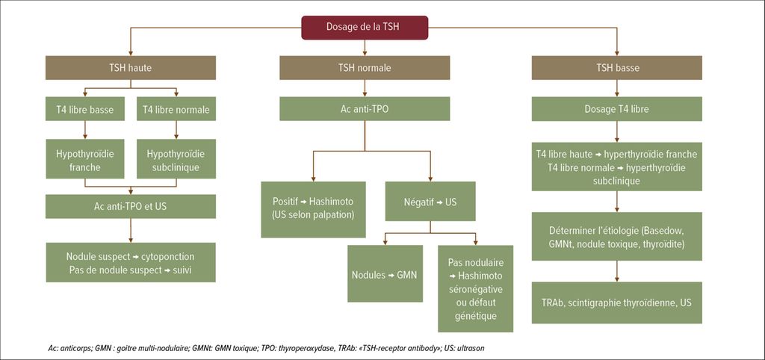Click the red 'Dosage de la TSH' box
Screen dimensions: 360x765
[365, 28]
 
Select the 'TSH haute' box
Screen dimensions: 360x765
[130, 68]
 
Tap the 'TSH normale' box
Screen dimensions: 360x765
[365, 68]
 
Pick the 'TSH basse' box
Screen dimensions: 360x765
[617, 68]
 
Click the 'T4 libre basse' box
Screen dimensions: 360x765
[85, 109]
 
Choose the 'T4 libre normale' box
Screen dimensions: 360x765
[176, 109]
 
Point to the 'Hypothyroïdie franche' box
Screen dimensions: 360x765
[85, 160]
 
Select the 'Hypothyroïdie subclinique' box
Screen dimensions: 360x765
[176, 160]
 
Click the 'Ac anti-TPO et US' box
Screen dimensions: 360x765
[130, 206]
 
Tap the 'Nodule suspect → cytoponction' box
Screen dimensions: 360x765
[130, 262]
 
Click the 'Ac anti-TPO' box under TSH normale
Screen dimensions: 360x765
[365, 109]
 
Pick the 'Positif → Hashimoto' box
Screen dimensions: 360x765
[313, 210]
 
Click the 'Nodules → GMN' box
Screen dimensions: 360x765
[385, 274]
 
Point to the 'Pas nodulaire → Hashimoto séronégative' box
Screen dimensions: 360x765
[476, 288]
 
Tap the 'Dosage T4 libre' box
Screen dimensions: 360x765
[617, 109]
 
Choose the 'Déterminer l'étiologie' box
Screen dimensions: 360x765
[617, 236]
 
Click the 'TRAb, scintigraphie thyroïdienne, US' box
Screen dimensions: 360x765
[617, 302]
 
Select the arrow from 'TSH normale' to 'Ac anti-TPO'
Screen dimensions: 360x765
[365, 88]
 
